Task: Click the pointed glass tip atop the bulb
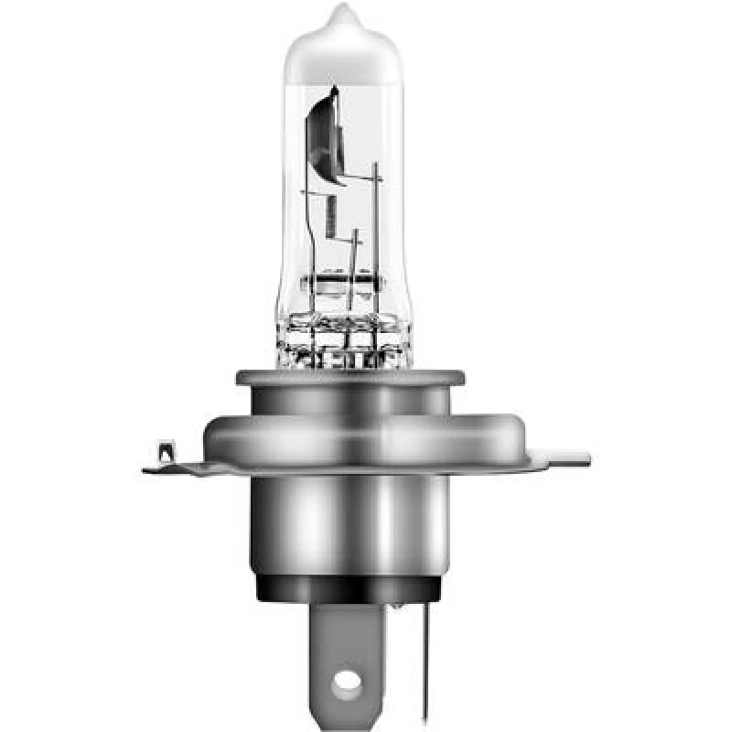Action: point(340,13)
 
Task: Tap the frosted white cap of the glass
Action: point(340,50)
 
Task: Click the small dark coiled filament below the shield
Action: point(330,216)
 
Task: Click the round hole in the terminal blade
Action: point(347,681)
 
